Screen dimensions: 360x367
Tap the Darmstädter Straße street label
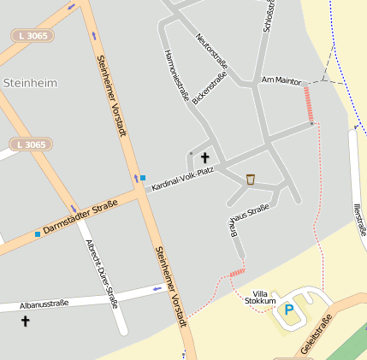pos(80,217)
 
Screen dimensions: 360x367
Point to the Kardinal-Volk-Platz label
pos(182,178)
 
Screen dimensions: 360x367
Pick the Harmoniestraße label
pos(175,75)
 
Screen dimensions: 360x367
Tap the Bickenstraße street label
pos(210,89)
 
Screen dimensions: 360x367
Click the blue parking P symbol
pos(288,310)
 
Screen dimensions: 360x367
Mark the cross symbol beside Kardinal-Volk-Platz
pos(204,157)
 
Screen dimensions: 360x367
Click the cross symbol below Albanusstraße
pos(25,322)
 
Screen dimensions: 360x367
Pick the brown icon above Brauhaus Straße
pos(251,179)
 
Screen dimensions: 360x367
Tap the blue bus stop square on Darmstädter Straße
pos(38,233)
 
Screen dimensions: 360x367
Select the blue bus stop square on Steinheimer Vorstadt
pos(142,178)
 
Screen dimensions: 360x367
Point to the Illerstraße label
pos(358,217)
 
